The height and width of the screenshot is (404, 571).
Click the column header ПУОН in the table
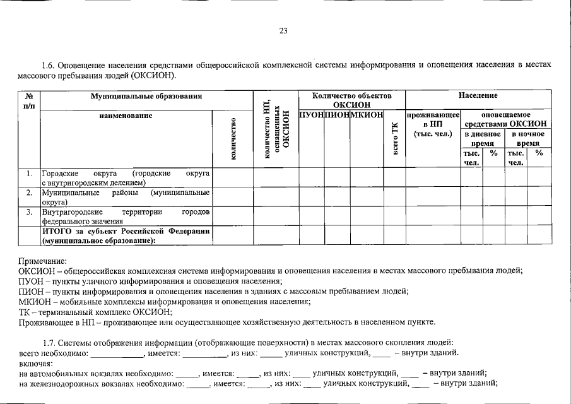tap(311, 115)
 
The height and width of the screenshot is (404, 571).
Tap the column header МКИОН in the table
tap(367, 115)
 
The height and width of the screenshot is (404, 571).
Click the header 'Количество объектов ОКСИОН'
tap(351, 100)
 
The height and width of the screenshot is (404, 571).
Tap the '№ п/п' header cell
tap(29, 100)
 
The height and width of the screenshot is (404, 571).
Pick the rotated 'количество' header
tap(233, 139)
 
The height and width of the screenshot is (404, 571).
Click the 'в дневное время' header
tap(483, 139)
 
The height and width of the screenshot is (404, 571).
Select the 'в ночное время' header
tap(526, 139)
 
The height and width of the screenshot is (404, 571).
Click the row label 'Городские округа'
tap(126, 177)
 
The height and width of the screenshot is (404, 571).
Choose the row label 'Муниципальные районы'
tap(126, 197)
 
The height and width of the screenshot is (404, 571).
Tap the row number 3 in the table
tap(29, 212)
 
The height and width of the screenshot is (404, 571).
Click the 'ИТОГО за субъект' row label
tap(126, 235)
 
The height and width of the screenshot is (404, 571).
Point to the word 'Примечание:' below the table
tap(42, 261)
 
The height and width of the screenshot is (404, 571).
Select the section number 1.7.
tap(49, 342)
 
